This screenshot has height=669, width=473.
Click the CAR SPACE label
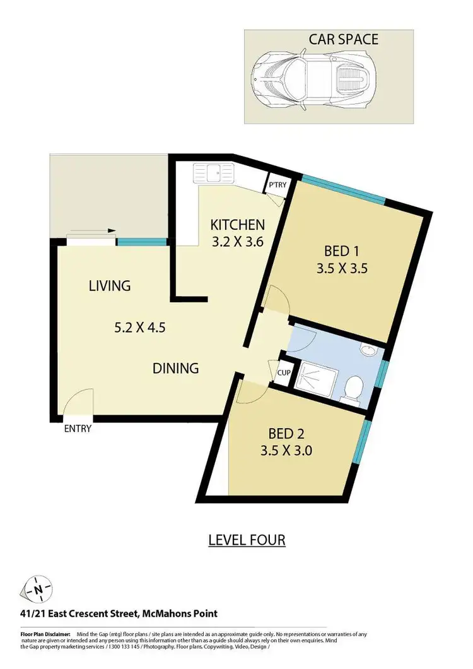[343, 40]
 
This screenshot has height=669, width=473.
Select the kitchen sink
[214, 172]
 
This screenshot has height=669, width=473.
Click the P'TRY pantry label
[276, 186]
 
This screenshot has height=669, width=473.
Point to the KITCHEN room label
[237, 225]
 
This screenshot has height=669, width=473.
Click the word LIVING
[109, 286]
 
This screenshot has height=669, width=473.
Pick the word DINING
[176, 367]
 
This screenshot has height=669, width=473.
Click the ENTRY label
[78, 429]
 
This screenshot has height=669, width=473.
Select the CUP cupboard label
[283, 372]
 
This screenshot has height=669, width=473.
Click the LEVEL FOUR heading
[247, 540]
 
